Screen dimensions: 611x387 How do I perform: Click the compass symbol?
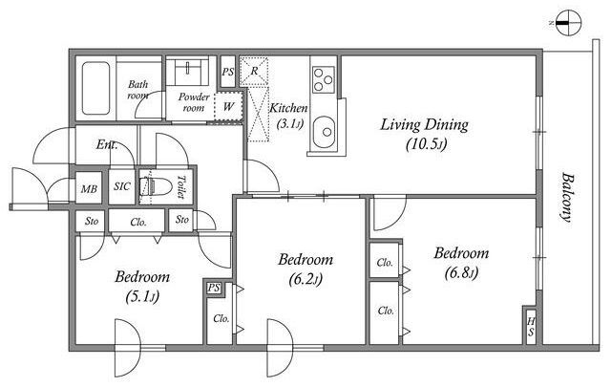click(569, 23)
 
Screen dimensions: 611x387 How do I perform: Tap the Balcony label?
click(567, 198)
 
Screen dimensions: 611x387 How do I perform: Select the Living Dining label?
click(424, 125)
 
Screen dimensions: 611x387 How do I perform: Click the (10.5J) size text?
click(427, 144)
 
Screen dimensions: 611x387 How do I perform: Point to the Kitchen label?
click(288, 108)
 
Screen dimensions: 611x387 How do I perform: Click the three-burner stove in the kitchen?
click(324, 79)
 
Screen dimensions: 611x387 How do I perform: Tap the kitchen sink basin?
click(325, 132)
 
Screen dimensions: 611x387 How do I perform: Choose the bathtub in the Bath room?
click(95, 88)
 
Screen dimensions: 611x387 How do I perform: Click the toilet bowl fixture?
click(157, 186)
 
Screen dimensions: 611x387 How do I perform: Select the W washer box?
click(229, 106)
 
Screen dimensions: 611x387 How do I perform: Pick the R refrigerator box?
click(254, 72)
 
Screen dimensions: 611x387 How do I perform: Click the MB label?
click(89, 189)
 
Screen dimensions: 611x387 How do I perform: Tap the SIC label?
click(122, 186)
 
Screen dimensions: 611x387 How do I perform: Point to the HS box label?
click(531, 328)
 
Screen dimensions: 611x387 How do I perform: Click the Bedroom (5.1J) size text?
click(142, 298)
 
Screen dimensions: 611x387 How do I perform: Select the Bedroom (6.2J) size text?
click(305, 279)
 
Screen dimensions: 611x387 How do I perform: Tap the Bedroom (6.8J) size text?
click(461, 273)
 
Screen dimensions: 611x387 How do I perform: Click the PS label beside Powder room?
click(228, 72)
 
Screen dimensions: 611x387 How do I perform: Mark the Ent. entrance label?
click(107, 144)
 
